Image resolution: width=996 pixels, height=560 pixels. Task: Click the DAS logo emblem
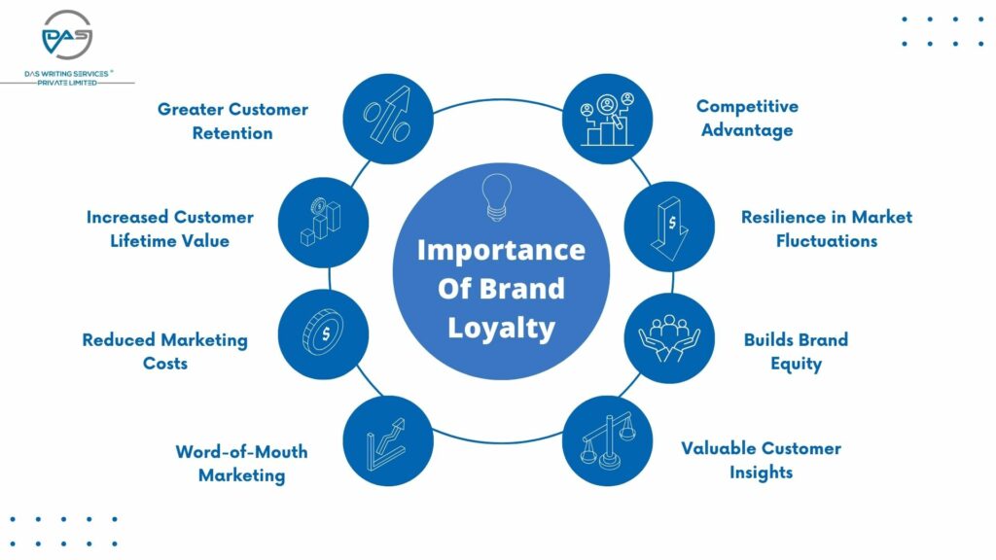click(67, 35)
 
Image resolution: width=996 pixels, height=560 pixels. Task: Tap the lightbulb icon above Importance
click(497, 197)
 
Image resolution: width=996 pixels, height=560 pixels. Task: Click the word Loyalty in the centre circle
click(501, 329)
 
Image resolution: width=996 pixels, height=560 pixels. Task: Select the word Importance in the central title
click(501, 250)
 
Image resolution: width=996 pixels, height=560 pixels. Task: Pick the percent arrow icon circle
click(388, 119)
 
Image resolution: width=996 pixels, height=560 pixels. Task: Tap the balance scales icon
click(608, 440)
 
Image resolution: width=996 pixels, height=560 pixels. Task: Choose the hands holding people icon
click(669, 338)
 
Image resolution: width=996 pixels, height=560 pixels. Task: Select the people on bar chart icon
click(607, 120)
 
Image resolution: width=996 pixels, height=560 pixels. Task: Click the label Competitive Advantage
click(747, 118)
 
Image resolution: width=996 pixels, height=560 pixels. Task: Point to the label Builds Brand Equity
click(796, 351)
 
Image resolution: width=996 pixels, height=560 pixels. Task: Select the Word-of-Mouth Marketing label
click(241, 464)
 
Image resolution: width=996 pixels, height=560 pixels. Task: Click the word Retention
click(232, 133)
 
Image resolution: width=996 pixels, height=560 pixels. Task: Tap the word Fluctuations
click(827, 241)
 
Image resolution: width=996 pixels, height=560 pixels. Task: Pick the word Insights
click(761, 472)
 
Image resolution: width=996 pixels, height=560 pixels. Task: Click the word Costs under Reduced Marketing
click(165, 364)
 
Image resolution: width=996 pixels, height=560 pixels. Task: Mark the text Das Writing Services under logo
click(67, 74)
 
